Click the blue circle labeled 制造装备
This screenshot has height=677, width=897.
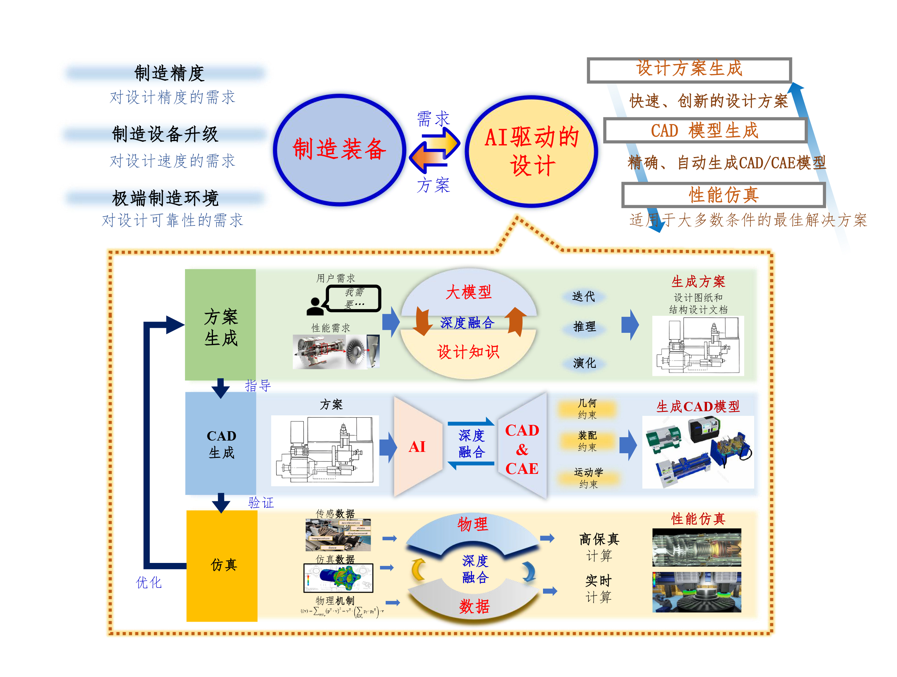[x=339, y=150]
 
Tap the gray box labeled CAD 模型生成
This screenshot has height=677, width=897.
[x=705, y=130]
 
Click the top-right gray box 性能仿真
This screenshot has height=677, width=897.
[x=723, y=195]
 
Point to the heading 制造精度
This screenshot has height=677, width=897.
[x=169, y=73]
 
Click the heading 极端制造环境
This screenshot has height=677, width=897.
[x=165, y=198]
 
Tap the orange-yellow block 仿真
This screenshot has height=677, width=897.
[x=222, y=565]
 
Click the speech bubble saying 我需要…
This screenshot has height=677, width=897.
[x=354, y=298]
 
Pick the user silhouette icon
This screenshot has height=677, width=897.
[x=315, y=307]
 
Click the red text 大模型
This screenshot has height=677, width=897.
[x=468, y=292]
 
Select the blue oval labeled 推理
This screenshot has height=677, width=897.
[x=584, y=326]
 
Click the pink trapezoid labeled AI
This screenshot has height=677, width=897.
[x=417, y=447]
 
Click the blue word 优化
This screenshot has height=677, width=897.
[x=148, y=583]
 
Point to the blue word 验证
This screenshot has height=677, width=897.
[x=261, y=503]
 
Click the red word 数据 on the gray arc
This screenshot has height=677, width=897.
[x=474, y=606]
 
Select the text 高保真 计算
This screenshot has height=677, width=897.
[x=599, y=547]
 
